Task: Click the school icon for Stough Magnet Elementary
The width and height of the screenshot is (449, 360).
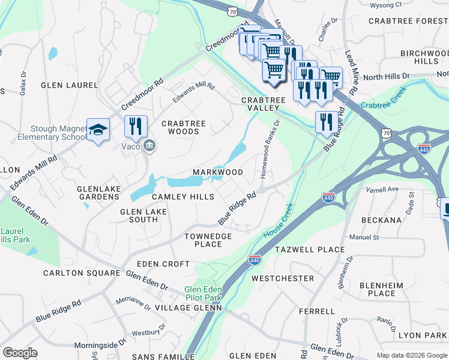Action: (97, 130)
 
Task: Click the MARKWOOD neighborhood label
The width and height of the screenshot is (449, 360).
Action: (217, 172)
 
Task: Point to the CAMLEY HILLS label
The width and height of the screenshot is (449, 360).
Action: (182, 197)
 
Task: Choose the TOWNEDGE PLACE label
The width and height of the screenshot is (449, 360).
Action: (208, 240)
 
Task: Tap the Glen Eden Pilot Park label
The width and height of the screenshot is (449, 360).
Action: (203, 293)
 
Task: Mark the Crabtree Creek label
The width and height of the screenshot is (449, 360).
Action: (384, 100)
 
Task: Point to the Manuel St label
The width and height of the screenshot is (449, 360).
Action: (364, 238)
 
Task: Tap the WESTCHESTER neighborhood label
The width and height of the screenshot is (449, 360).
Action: (282, 278)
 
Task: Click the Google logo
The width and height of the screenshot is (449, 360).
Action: (20, 352)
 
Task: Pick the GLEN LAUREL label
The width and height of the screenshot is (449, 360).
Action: (69, 85)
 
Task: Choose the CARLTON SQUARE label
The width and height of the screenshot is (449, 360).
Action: (81, 273)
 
